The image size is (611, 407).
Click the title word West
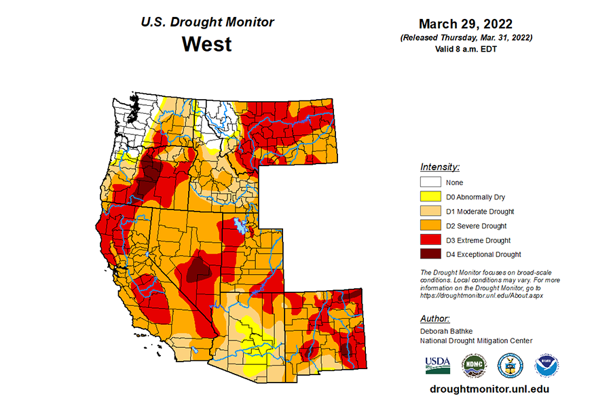[x=206, y=45]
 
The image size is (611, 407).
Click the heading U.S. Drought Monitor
[x=207, y=22]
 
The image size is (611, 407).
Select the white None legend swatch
[x=430, y=182]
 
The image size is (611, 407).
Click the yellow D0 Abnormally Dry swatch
[x=430, y=197]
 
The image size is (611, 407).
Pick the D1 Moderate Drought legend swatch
[x=430, y=211]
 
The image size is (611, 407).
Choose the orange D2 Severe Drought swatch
[x=430, y=225]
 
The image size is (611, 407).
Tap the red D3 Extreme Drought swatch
[x=430, y=240]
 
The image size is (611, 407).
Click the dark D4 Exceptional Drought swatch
[x=430, y=254]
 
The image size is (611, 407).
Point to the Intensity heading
[x=440, y=167]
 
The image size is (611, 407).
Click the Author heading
[x=434, y=318]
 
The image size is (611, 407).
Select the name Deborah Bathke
[x=446, y=330]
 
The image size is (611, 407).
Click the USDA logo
[x=438, y=364]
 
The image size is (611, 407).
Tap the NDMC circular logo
[x=474, y=364]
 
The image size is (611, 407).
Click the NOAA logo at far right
[x=547, y=364]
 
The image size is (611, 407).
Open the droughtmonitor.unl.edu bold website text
[x=489, y=389]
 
